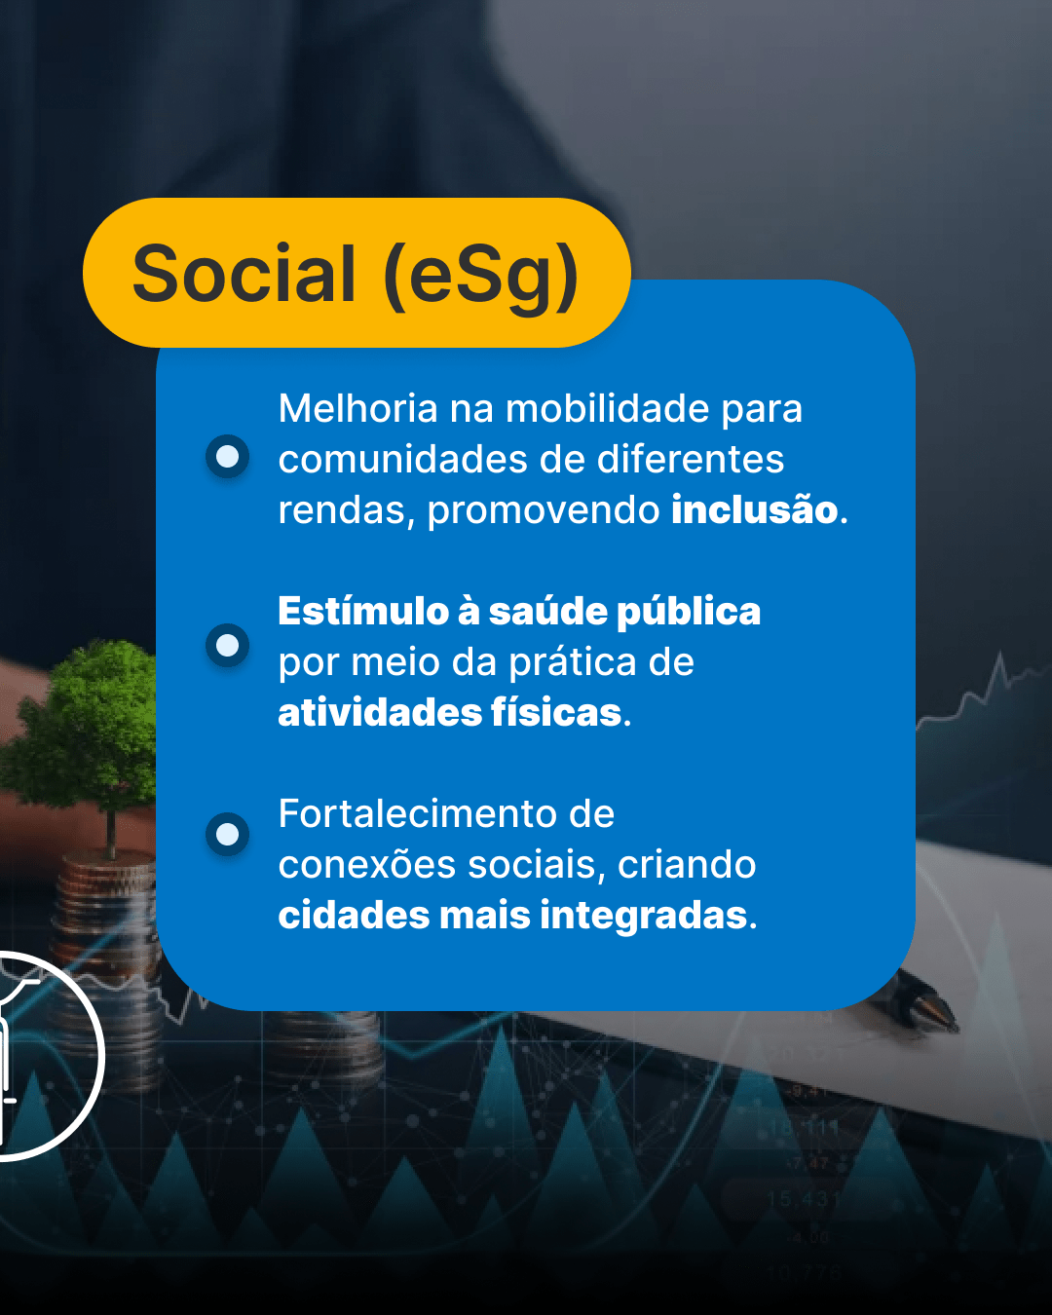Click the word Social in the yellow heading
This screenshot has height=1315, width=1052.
tap(244, 273)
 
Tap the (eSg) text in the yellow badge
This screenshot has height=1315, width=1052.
tap(480, 278)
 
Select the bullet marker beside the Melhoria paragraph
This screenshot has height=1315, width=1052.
tap(227, 457)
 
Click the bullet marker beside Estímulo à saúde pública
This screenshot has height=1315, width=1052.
tap(227, 645)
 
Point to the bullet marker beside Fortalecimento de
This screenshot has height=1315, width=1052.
tap(227, 834)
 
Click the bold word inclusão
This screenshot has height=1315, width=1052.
tap(754, 509)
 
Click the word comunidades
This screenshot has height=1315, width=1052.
tap(401, 459)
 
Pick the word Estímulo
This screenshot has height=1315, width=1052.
tap(363, 611)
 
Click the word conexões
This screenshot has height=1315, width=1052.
tap(367, 865)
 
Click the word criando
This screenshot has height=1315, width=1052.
tap(687, 865)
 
